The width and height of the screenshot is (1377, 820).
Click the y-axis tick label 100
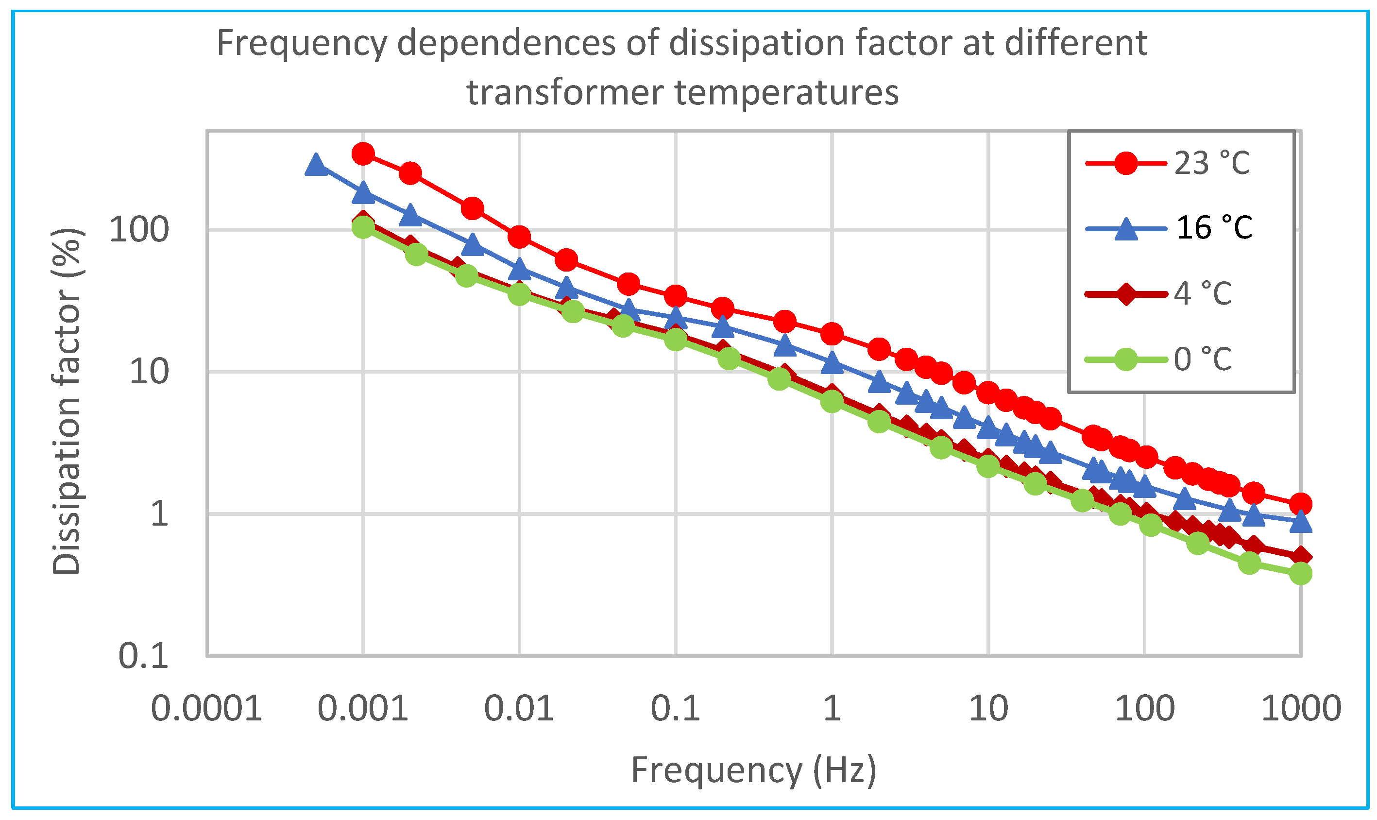138,230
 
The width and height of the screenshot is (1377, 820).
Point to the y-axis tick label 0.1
143,656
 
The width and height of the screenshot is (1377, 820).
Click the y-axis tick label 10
148,372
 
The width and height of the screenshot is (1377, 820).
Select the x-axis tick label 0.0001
206,709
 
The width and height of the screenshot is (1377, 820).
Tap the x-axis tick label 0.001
362,709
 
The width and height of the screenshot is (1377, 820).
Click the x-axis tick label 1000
1301,709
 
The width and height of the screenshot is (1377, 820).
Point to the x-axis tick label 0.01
519,709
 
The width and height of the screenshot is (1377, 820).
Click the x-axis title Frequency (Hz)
753,771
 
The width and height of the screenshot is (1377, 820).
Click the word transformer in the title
564,92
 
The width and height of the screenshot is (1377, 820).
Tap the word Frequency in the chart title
301,43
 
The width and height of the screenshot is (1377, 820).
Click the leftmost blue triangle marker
316,164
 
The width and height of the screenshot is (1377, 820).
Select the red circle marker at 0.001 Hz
363,154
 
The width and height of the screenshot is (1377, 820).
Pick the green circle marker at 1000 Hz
1301,574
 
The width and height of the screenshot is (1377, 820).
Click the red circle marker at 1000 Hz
1301,504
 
